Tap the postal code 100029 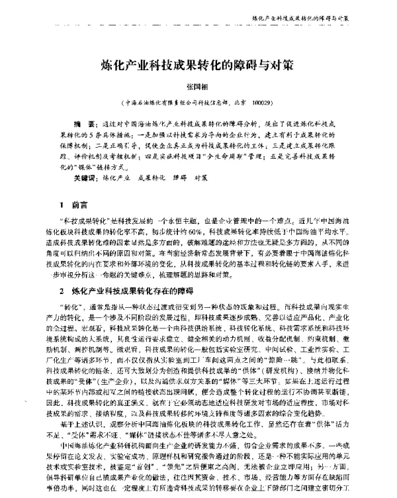click(260, 103)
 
